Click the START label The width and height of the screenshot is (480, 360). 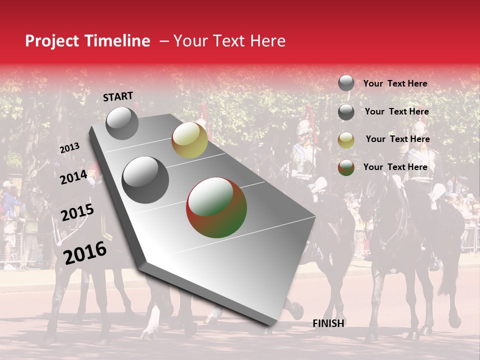click(x=118, y=96)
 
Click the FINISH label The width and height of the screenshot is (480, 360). click(x=328, y=323)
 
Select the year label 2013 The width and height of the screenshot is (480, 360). click(x=69, y=148)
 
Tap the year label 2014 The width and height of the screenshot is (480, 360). click(x=73, y=177)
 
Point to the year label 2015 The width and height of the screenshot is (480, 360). click(x=77, y=212)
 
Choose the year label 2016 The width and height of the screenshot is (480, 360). click(x=85, y=252)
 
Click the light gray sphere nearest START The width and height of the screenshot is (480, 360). click(x=122, y=123)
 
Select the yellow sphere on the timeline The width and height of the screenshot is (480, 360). click(x=189, y=140)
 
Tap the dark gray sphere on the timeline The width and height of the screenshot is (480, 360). click(x=145, y=180)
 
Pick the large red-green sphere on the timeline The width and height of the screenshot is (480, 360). click(x=216, y=207)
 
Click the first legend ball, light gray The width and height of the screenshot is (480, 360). click(x=346, y=83)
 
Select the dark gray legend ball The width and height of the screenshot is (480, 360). click(x=346, y=112)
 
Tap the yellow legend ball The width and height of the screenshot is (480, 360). click(x=346, y=140)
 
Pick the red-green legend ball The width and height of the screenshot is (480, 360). click(x=346, y=167)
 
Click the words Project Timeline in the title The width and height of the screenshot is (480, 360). click(x=87, y=41)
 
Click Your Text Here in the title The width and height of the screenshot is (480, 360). click(x=229, y=41)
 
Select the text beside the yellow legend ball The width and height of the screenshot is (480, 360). click(x=397, y=139)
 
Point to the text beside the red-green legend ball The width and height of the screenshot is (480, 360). click(x=395, y=167)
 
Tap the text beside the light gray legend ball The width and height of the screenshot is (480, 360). click(x=395, y=83)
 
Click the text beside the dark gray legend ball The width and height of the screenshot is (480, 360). click(x=396, y=111)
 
